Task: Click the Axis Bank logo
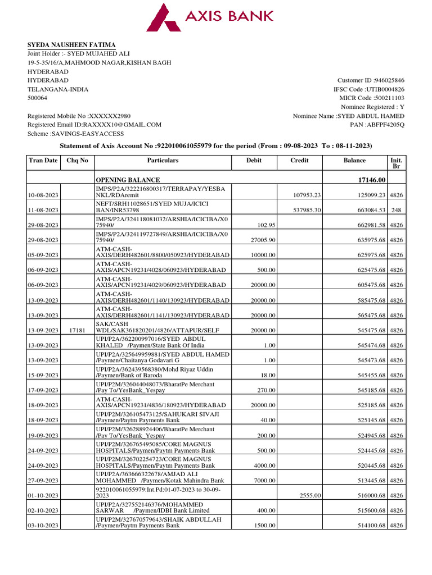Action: click(209, 17)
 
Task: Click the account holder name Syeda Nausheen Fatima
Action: click(72, 45)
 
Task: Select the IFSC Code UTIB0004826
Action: click(368, 89)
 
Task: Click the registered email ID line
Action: click(94, 125)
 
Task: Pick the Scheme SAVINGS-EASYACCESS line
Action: click(76, 134)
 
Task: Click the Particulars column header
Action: click(163, 161)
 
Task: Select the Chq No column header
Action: click(77, 161)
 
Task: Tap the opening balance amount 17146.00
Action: click(368, 180)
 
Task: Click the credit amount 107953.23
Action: click(307, 195)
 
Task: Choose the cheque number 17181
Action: click(77, 331)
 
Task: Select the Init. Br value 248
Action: click(396, 210)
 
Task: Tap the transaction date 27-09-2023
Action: click(43, 481)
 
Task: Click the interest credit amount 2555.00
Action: click(310, 496)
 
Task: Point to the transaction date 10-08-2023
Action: click(43, 195)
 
